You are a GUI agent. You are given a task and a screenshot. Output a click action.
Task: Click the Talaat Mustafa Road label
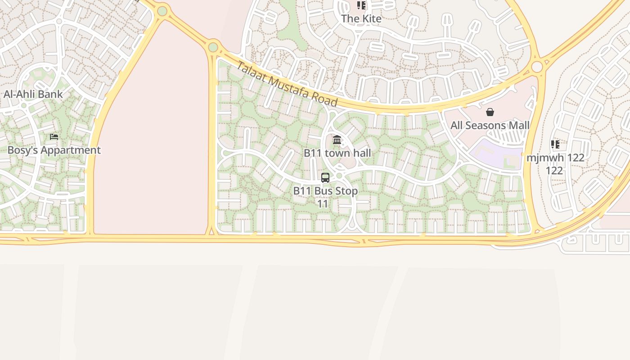click(286, 85)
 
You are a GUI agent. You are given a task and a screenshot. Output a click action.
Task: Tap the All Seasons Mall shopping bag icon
click(490, 112)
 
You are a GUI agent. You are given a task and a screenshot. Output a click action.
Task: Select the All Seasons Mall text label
click(490, 125)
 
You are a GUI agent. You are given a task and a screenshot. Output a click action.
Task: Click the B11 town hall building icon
click(337, 140)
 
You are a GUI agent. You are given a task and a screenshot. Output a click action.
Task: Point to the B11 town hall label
click(337, 153)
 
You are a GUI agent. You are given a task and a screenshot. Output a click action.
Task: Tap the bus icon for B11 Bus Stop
click(325, 178)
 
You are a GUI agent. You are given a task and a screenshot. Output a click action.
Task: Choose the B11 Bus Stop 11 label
click(325, 197)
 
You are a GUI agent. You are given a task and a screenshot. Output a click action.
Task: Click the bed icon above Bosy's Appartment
click(54, 137)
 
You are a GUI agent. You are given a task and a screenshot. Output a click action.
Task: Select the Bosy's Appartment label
click(54, 150)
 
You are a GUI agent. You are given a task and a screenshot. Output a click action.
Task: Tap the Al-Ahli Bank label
click(33, 94)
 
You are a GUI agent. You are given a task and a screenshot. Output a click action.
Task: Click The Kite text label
click(361, 18)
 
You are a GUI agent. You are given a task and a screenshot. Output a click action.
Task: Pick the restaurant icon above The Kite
click(361, 5)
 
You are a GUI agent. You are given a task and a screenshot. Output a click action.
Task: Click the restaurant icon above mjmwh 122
click(555, 144)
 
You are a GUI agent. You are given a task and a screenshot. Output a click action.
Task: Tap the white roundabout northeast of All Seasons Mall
click(537, 67)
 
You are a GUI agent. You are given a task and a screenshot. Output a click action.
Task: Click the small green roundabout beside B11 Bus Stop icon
click(339, 176)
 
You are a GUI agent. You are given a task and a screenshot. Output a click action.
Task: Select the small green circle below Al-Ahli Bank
click(24, 106)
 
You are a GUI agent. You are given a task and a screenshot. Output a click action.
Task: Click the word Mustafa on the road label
click(288, 85)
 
